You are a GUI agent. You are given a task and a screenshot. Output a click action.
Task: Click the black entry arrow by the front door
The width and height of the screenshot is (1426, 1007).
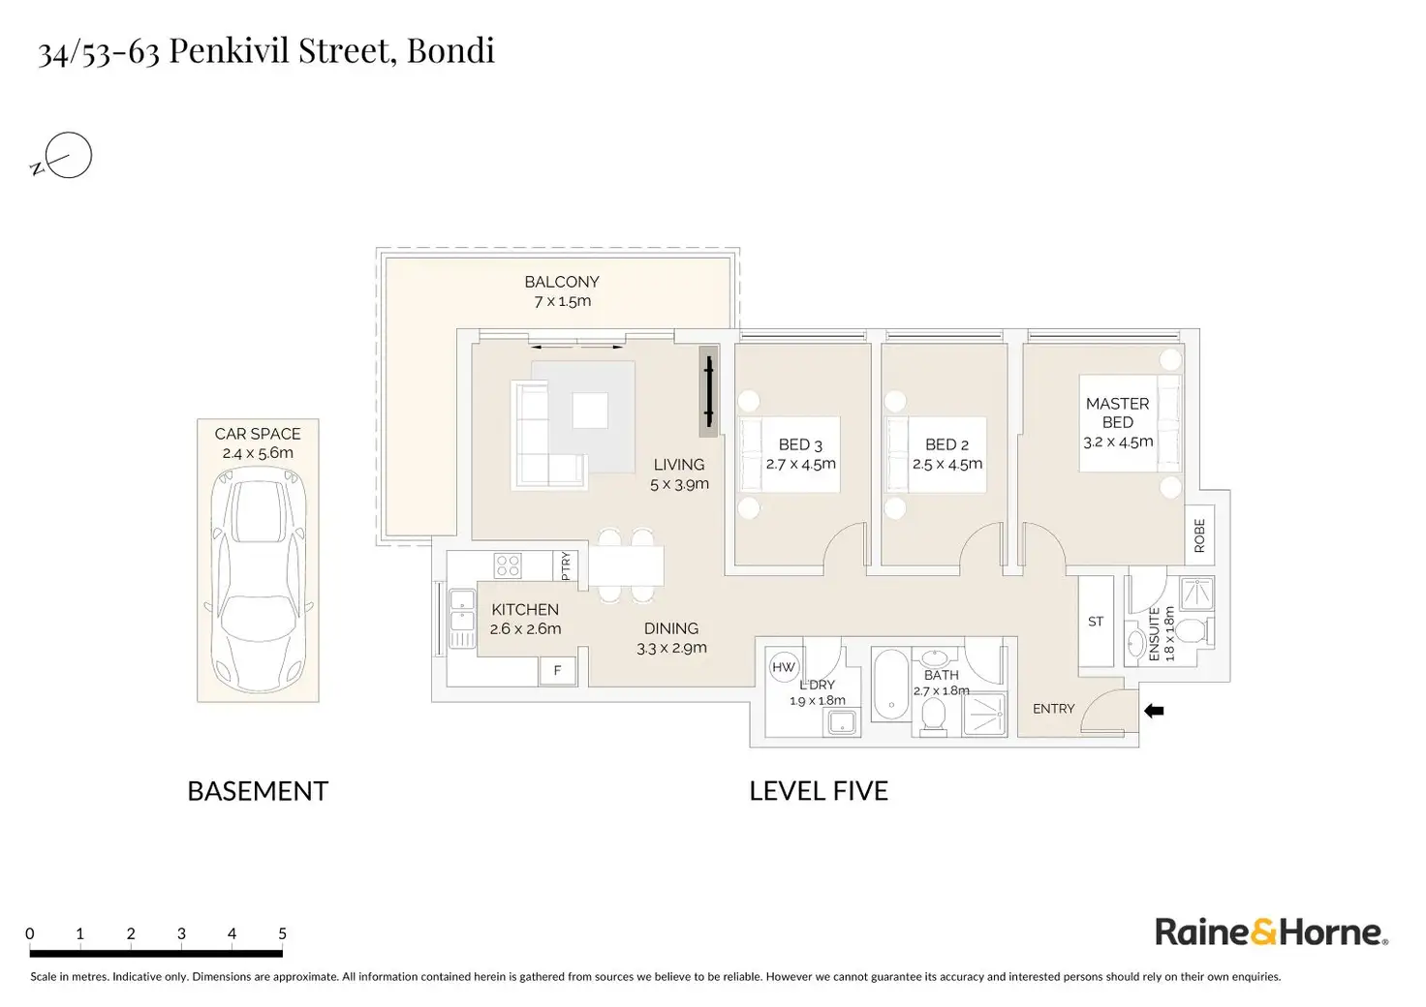pos(1154,711)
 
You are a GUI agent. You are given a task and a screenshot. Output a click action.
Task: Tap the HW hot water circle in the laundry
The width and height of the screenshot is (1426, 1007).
pos(783,667)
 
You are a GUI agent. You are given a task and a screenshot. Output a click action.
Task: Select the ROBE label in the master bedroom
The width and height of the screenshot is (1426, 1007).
pos(1199,534)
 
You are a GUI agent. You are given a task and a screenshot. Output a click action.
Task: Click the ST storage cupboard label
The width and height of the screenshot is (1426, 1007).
pos(1096,622)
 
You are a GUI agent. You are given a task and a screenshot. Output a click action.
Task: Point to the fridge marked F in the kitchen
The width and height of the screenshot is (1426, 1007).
pos(557,670)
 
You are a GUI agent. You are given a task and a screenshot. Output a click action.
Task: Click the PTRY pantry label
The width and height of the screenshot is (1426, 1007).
pos(566,565)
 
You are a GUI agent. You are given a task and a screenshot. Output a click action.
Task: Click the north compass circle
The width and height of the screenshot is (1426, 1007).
pos(69,155)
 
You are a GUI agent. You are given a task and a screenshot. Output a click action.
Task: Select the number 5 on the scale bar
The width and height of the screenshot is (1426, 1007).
pos(283,934)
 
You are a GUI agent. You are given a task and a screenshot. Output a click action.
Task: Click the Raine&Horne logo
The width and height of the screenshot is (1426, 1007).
pos(1271,932)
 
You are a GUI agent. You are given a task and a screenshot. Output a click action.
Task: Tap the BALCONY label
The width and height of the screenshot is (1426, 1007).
pos(562,282)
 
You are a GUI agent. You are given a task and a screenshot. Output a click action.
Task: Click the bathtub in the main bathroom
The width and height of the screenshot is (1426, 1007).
pos(890,685)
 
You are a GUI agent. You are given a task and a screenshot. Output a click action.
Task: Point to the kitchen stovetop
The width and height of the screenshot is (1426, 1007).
pos(508,565)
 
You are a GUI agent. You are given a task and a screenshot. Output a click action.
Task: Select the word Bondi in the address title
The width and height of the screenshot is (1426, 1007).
pos(450,50)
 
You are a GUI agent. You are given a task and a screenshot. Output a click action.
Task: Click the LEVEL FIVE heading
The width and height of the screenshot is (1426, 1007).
pos(819,791)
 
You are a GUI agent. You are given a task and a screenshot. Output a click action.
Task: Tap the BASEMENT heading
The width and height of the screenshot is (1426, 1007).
pos(258,791)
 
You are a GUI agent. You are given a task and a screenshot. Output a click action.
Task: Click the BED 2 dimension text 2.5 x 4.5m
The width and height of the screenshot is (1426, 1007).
pos(947,464)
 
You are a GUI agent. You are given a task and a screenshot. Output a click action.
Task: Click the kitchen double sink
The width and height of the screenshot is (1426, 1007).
pos(460,618)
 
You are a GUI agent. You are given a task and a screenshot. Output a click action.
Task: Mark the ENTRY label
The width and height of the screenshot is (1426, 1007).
pos(1053,709)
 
